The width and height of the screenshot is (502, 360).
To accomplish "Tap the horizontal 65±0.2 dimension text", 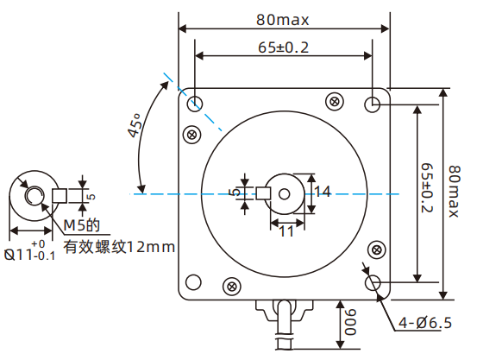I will click(282, 47).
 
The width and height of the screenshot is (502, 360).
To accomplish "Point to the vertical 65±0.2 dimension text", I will click(426, 192).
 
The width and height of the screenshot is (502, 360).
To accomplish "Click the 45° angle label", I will click(135, 127).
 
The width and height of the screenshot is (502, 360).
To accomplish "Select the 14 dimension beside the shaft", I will click(321, 192).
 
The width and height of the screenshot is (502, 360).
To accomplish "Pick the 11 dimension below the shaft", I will click(286, 231).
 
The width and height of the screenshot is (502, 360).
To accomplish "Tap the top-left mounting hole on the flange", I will click(195, 104).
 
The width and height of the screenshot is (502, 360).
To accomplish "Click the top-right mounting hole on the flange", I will click(373, 104).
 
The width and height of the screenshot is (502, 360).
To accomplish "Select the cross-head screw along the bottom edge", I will click(231, 286).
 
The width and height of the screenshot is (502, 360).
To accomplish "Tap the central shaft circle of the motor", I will click(285, 192).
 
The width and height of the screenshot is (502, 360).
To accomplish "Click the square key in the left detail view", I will click(60, 195).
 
